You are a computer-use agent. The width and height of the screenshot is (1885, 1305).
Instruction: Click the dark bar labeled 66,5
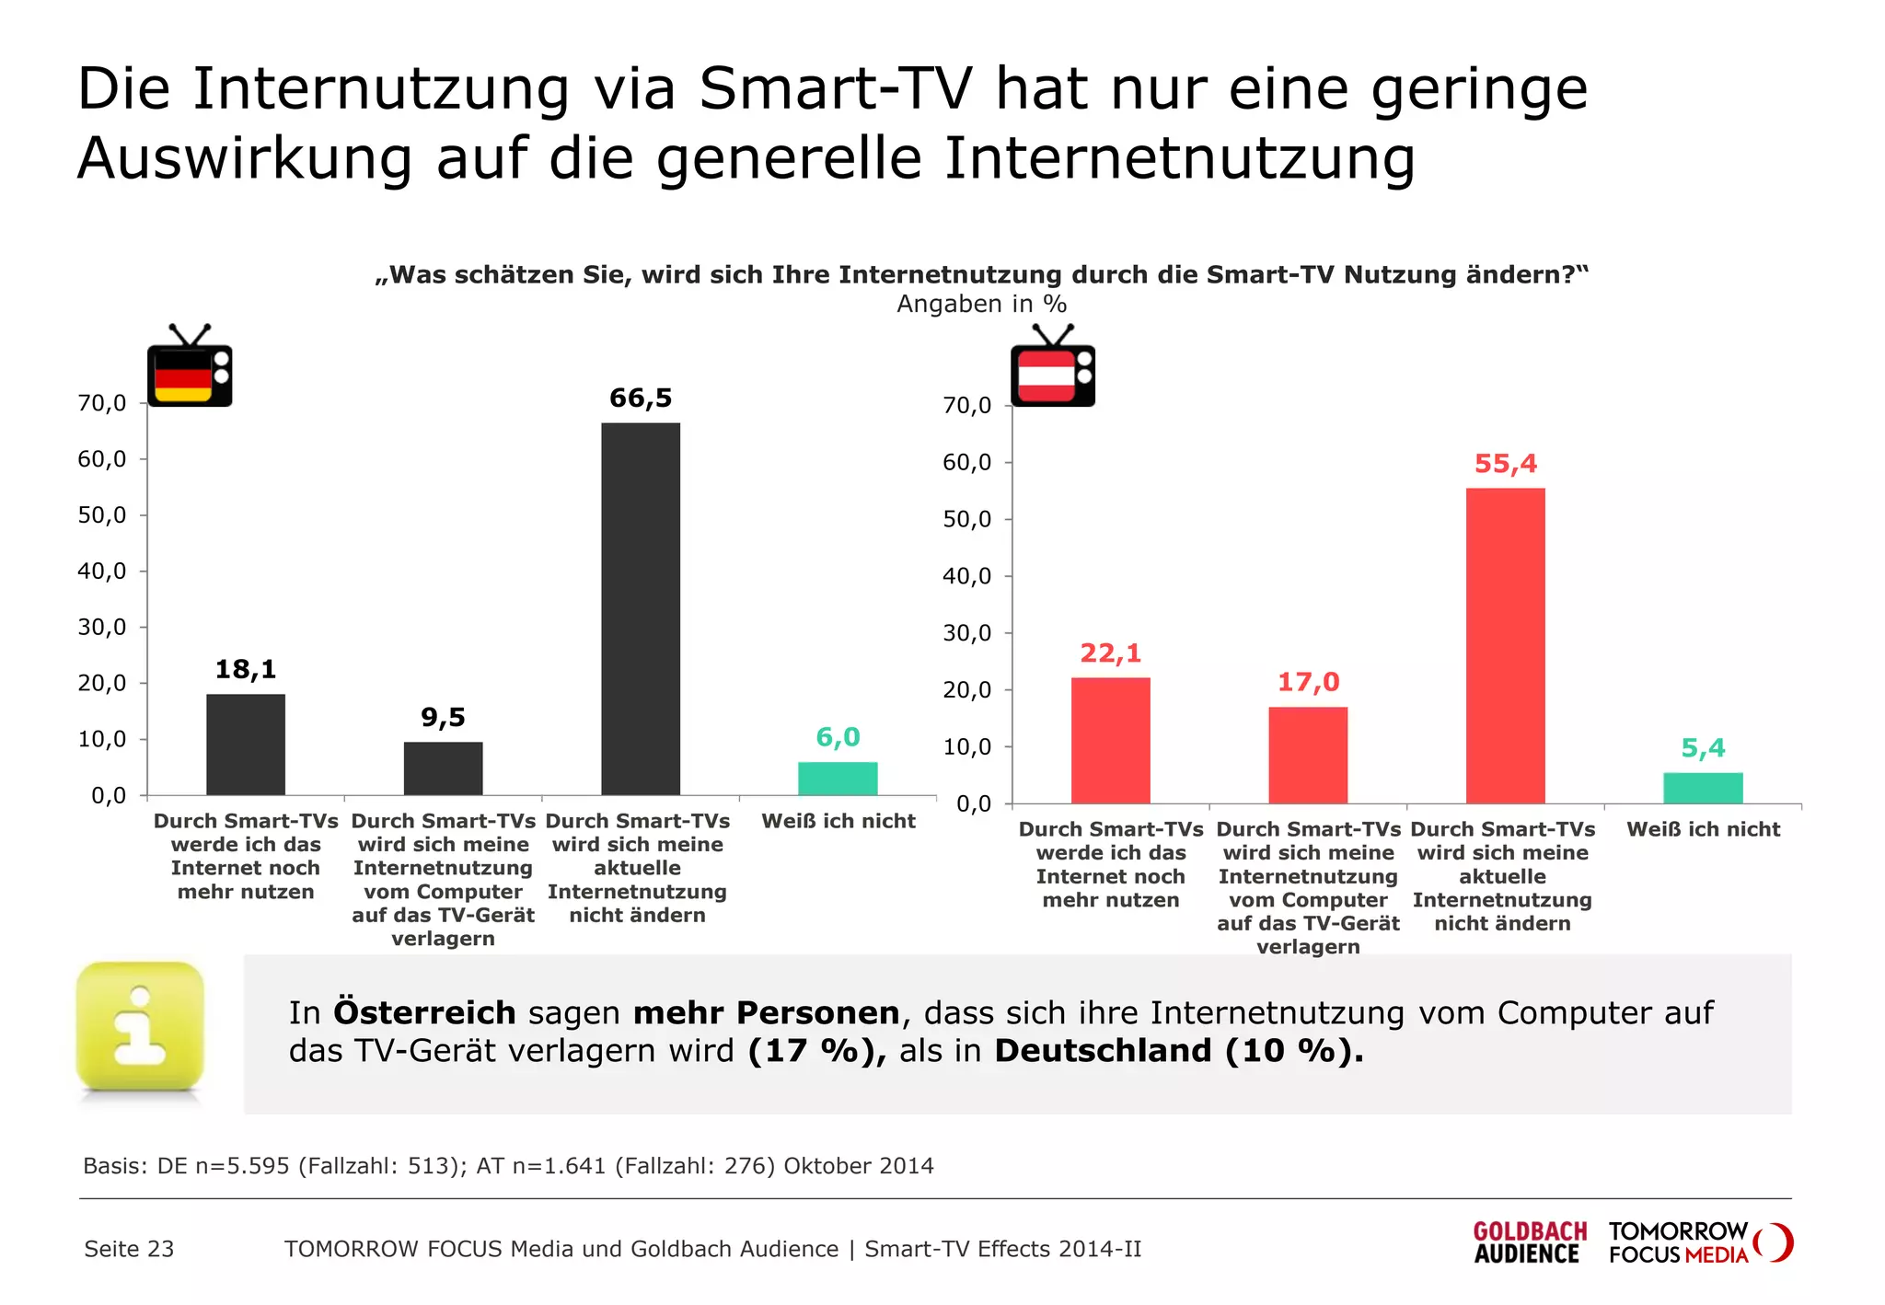click(641, 608)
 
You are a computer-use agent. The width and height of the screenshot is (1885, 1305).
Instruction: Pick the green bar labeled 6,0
click(838, 778)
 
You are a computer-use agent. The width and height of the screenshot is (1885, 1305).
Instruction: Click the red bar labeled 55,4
click(1505, 645)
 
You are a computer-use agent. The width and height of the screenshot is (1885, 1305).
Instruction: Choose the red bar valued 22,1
click(1110, 740)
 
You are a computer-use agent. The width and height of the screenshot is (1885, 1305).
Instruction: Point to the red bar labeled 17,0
click(1308, 755)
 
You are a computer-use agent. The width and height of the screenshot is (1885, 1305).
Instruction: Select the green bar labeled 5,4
click(1703, 788)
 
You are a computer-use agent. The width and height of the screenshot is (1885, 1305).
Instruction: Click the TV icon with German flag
click(190, 368)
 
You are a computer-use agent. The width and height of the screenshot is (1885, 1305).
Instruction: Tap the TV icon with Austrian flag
click(1053, 368)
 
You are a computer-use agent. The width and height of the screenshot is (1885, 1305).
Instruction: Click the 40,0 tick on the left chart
click(102, 572)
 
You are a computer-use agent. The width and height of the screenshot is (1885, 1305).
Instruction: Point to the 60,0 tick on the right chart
click(967, 463)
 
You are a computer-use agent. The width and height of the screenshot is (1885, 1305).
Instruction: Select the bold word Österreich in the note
click(424, 1012)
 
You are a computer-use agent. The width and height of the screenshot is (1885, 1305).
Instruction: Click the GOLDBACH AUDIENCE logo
click(1530, 1242)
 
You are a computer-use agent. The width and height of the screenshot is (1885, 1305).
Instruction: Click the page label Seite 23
click(129, 1249)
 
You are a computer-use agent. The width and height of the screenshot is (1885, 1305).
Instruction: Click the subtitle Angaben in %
click(981, 305)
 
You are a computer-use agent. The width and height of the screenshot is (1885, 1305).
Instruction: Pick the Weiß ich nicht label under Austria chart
click(1703, 829)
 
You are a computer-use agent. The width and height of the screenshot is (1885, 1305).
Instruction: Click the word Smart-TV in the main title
click(835, 89)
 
